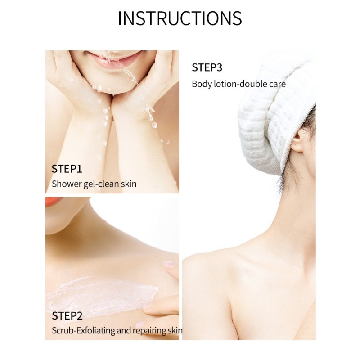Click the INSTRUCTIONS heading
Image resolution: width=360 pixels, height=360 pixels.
coord(180,18)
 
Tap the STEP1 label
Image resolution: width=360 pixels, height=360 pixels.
coord(67,169)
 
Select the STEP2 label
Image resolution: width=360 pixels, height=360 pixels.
coord(67,316)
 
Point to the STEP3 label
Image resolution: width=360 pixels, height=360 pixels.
coord(207,67)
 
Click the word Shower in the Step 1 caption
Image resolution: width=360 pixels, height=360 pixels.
coord(67,184)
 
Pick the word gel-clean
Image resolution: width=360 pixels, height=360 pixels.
coord(101,184)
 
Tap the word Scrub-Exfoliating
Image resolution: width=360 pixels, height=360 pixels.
coord(83,331)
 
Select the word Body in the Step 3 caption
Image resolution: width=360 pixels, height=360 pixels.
coord(202,84)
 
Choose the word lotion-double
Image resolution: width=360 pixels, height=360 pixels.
coord(241,84)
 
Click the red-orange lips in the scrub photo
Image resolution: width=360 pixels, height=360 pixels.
coord(54,201)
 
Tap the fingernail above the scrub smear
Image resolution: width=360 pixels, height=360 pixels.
coord(170,265)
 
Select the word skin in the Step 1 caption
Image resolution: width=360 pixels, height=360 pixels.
coord(129,184)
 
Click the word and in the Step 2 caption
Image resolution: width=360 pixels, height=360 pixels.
coord(124,331)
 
